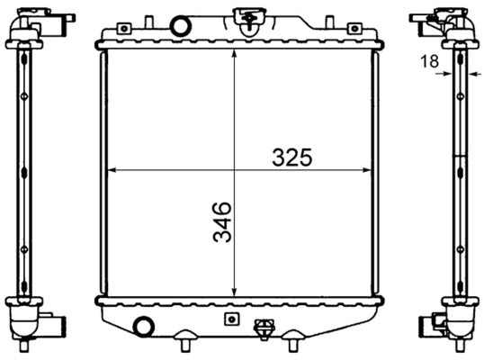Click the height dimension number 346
221,221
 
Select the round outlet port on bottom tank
141,326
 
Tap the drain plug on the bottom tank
264,329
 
